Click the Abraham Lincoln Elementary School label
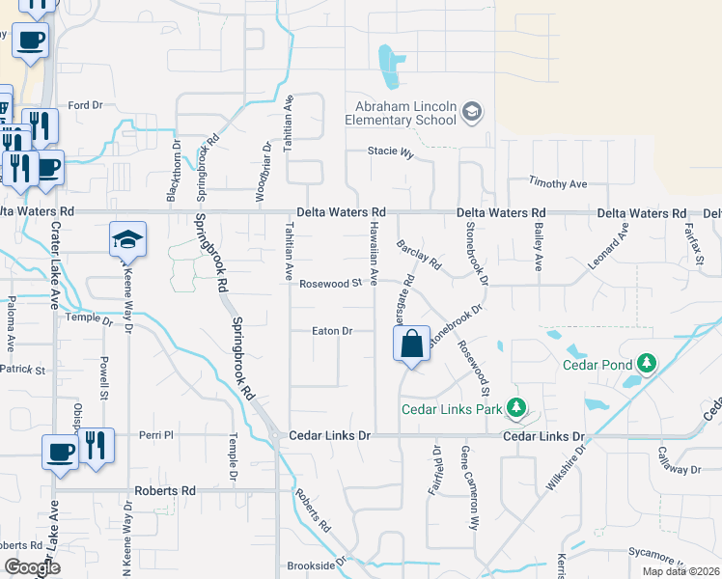tap(404, 113)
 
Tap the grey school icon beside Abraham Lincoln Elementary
tap(472, 113)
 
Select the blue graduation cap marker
tap(127, 240)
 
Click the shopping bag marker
tap(411, 345)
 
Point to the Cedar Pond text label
tap(597, 365)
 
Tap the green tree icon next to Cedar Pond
tap(647, 364)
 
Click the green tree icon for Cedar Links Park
tap(517, 408)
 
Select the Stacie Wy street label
tap(390, 152)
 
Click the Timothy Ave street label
tap(558, 183)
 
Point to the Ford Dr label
tap(85, 105)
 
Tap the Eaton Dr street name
tap(331, 331)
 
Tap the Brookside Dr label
tap(316, 565)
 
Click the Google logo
tap(32, 567)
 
